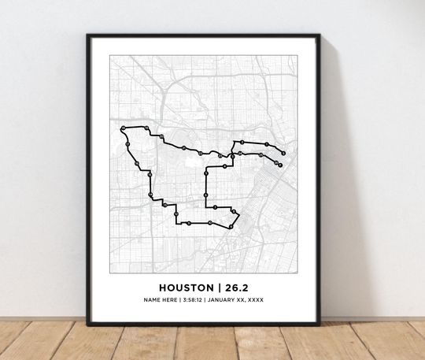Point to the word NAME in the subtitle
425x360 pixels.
click(151, 300)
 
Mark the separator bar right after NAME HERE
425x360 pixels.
click(179, 300)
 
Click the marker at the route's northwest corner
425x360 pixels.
click(123, 128)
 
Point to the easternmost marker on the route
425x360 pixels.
click(284, 153)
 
